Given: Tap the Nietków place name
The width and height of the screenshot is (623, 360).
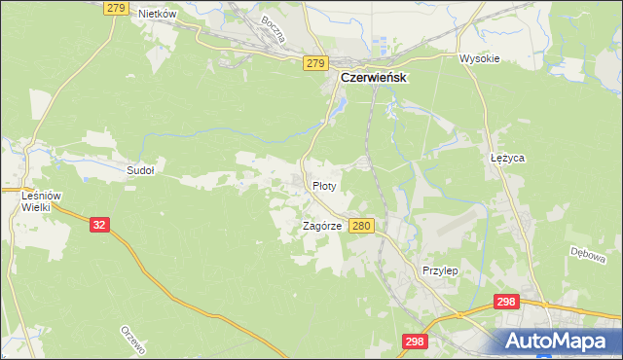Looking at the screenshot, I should pos(157,14).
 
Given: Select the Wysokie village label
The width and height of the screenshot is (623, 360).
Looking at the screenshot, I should pos(479,58).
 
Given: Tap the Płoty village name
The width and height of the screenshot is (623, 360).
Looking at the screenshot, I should pos(324,185).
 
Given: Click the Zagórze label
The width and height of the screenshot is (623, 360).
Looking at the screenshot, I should pos(321,225).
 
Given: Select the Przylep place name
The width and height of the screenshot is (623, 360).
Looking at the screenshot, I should pos(440,270).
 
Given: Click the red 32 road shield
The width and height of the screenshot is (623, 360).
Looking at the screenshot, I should pos(99,224).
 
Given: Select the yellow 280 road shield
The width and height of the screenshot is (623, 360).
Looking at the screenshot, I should pos(361,226).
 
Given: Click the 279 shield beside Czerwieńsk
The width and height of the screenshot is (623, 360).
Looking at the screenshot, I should pos(313,63).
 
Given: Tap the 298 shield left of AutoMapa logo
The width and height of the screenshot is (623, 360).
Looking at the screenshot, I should pos(415,341).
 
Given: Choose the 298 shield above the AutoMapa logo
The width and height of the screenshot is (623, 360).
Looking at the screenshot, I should pos(505,303).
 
